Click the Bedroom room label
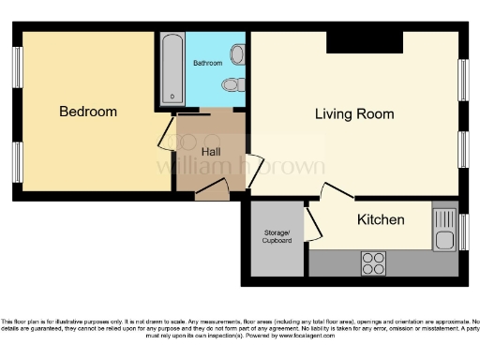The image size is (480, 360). point(88,112)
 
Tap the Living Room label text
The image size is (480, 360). point(353,114)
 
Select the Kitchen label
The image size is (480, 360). point(381,220)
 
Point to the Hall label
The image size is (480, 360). point(212,150)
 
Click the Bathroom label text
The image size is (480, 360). point(208,63)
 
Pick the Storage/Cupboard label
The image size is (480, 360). point(277,236)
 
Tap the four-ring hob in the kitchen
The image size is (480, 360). point(374,262)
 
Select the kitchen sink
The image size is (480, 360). point(444,230)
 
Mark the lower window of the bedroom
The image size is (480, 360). point(17,158)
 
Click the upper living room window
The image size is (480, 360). point(462,82)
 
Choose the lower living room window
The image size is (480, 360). point(462,149)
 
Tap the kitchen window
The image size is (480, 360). point(462,231)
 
